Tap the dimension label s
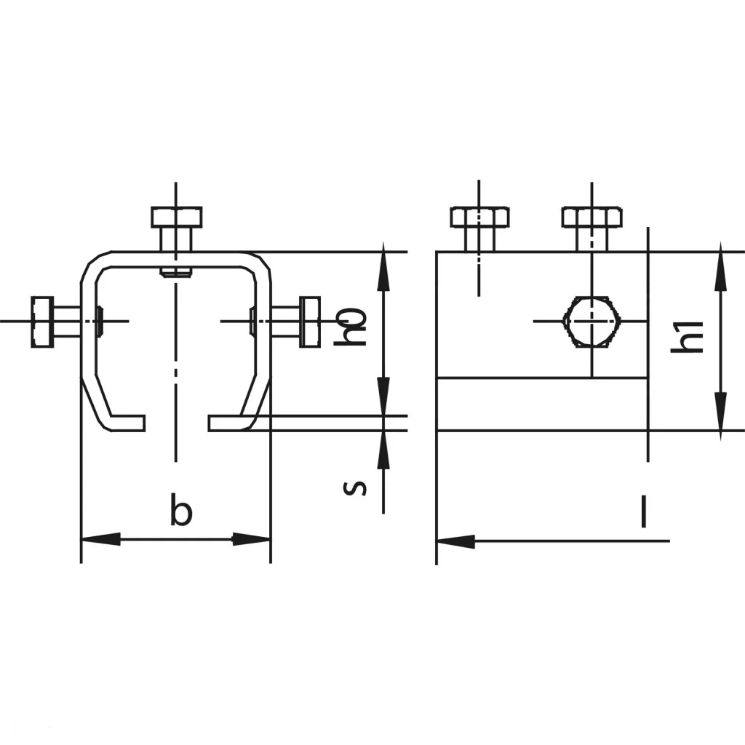click(354, 487)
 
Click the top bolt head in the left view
click(176, 217)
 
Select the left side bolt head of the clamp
click(43, 321)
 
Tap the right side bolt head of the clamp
click(310, 321)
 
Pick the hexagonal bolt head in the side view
click(591, 321)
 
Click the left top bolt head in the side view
click(479, 217)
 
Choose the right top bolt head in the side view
click(591, 217)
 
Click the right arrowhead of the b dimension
click(252, 540)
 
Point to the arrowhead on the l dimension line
click(455, 541)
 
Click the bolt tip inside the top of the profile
click(176, 273)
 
